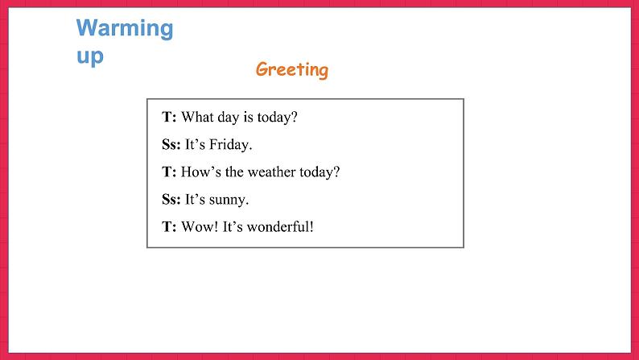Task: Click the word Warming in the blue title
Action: (125, 29)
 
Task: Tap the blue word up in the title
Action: (90, 56)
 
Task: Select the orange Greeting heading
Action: (292, 70)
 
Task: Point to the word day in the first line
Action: (229, 118)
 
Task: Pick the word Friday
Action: (231, 145)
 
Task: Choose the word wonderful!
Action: (280, 226)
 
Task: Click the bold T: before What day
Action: (169, 117)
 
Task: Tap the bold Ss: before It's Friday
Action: (171, 144)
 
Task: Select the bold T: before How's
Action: (169, 172)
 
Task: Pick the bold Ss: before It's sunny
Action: (171, 200)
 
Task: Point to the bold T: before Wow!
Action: (169, 226)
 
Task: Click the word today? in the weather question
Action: (319, 172)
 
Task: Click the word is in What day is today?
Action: (248, 117)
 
